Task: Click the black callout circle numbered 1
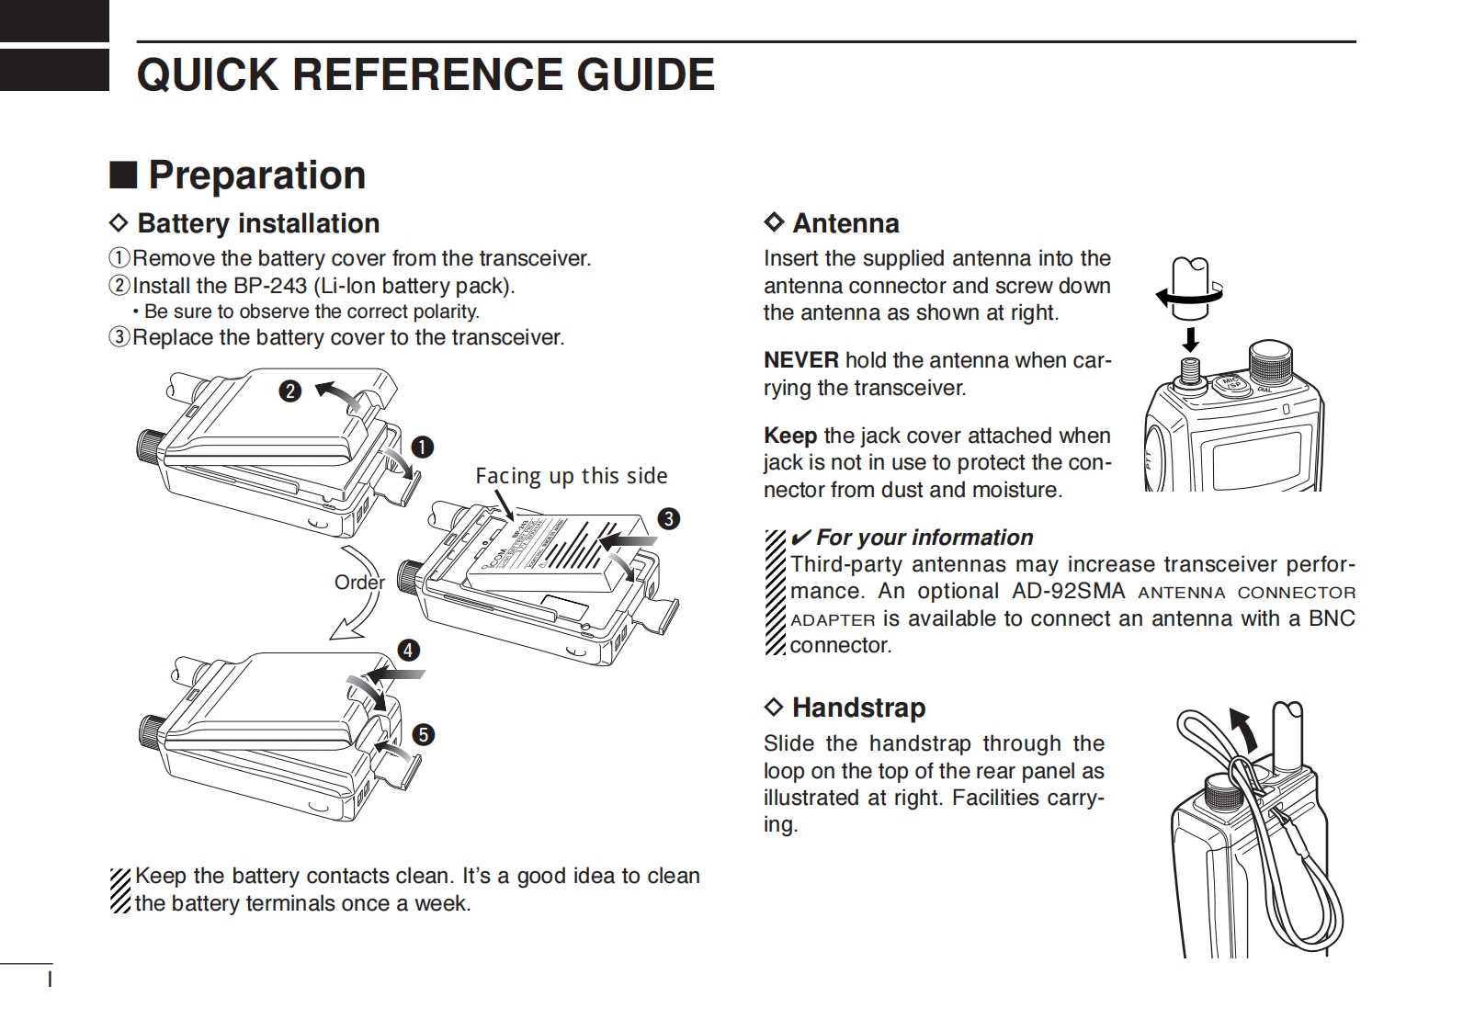(422, 448)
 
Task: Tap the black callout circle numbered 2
(289, 391)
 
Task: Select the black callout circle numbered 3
(668, 519)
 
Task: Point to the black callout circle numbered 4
(408, 651)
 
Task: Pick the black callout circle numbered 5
(423, 735)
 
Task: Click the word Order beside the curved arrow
(359, 583)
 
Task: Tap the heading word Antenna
(845, 223)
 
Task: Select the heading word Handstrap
(858, 708)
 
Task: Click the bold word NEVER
(800, 360)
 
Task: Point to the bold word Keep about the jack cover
(789, 436)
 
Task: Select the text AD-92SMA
(1069, 591)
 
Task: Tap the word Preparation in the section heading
(257, 176)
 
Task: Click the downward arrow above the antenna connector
(1191, 339)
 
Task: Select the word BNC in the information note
(1332, 618)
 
